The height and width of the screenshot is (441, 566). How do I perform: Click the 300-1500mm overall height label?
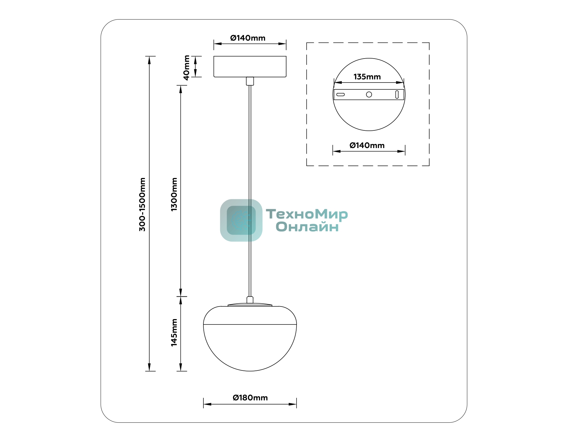click(x=142, y=204)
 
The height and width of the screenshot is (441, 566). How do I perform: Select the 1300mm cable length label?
click(x=174, y=194)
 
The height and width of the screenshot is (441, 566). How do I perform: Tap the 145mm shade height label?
click(x=174, y=332)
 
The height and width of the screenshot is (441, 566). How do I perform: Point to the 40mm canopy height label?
click(x=186, y=68)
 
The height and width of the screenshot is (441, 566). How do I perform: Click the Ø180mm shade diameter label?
click(x=250, y=398)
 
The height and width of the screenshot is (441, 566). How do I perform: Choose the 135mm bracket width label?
click(x=367, y=77)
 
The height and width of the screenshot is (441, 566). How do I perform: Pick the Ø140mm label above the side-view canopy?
click(x=248, y=38)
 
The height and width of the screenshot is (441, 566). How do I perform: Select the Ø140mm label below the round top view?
click(x=367, y=146)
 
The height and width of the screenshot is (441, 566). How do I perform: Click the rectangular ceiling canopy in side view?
click(x=250, y=66)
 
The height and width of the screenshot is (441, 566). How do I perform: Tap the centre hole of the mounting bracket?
click(x=369, y=94)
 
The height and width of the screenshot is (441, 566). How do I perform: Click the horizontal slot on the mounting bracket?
click(x=341, y=94)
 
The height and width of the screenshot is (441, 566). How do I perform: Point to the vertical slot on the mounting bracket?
click(x=397, y=94)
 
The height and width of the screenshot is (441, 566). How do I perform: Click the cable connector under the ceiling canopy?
click(x=250, y=81)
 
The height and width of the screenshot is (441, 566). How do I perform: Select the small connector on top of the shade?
click(x=250, y=300)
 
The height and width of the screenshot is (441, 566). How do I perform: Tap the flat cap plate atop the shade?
click(x=250, y=305)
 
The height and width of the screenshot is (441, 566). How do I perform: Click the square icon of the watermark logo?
click(x=241, y=220)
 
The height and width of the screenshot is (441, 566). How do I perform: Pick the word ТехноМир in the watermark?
click(x=307, y=215)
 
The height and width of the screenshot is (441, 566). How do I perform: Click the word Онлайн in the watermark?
click(x=307, y=227)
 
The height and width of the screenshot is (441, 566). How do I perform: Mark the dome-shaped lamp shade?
click(x=250, y=339)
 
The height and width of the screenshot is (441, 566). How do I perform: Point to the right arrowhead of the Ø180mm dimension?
click(x=293, y=404)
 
